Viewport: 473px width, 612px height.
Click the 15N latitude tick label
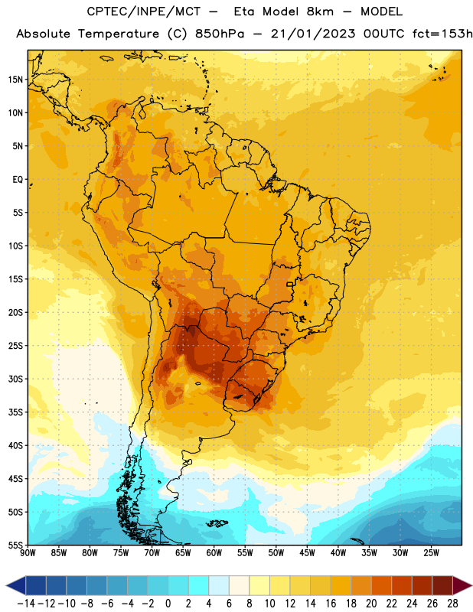point(15,80)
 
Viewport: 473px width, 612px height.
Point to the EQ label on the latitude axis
point(18,180)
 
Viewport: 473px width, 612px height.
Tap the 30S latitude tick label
point(15,379)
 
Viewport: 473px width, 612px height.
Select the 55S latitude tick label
point(15,545)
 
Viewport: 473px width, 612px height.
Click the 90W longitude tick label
point(28,553)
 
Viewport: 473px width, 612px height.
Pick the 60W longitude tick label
point(214,553)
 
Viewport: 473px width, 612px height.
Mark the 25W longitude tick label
point(431,553)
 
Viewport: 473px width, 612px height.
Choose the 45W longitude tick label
point(308,553)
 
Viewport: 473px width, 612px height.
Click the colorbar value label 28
point(452,604)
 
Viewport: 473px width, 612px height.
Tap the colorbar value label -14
point(26,604)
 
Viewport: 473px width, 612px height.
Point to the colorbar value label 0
point(168,604)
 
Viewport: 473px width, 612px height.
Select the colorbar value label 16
point(331,604)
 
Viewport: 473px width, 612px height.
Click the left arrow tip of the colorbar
point(6,585)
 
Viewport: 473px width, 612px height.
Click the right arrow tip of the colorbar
point(472,585)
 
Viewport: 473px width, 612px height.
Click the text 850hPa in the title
point(220,34)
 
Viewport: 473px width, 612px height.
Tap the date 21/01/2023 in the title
point(313,34)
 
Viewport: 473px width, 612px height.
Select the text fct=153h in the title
point(442,34)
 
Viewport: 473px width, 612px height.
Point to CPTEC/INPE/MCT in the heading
point(144,11)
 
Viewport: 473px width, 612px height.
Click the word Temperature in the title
point(119,34)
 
